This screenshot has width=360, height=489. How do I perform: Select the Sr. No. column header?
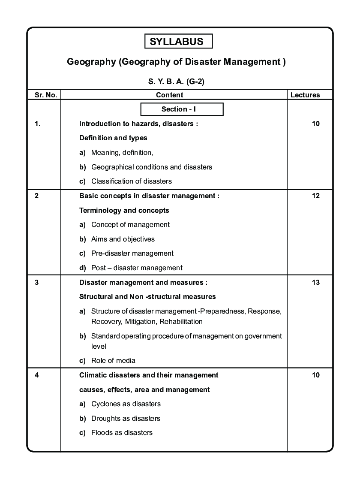pos(45,95)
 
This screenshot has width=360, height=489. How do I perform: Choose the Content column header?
pos(169,95)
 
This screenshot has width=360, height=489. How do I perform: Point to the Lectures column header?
pos(305,95)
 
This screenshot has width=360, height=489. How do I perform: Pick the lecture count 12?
pos(316,196)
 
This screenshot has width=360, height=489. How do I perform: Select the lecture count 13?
pos(316,282)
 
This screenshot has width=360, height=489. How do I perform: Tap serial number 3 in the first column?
pos(37,282)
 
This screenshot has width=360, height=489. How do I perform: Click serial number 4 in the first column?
pos(37,375)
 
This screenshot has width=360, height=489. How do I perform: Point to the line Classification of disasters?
pos(131,181)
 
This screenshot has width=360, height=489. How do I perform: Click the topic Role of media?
pos(113,361)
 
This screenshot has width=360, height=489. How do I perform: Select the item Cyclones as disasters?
pos(126,404)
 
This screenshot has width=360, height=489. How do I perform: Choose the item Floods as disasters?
pos(122,433)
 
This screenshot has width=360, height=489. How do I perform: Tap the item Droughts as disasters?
pos(126,419)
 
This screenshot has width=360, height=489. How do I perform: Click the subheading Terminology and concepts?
pos(124,211)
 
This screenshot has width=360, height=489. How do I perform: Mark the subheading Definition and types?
pos(113,138)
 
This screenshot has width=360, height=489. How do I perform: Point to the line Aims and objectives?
pos(123,239)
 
